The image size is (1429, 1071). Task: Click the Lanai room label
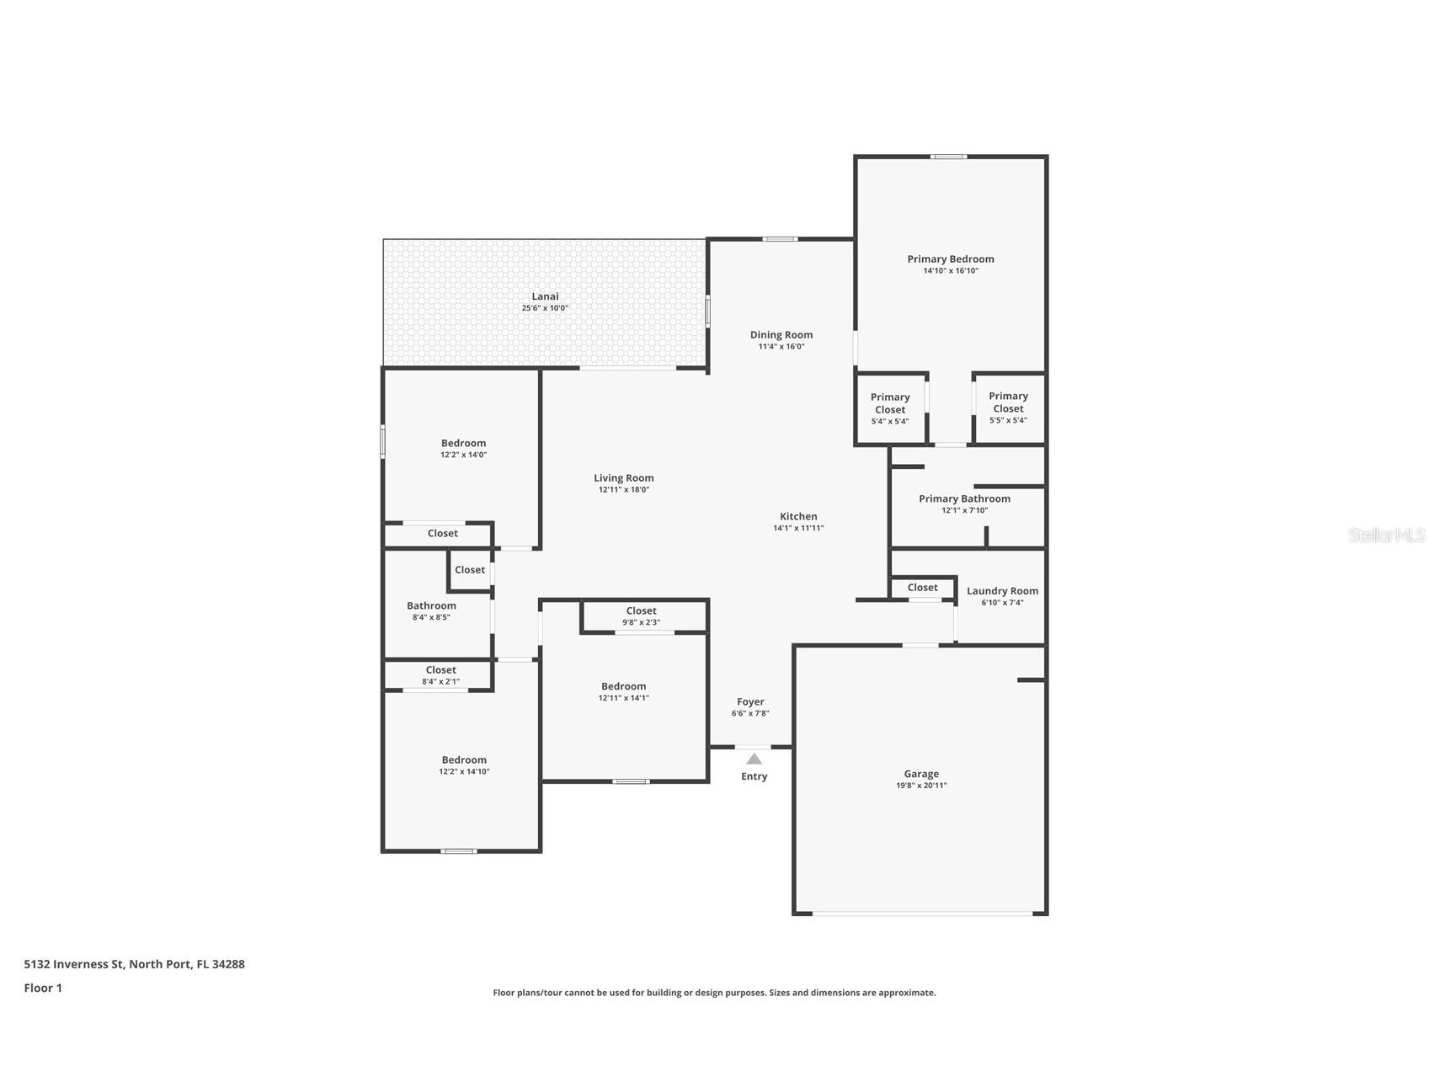[545, 296]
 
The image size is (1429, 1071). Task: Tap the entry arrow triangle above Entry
[754, 759]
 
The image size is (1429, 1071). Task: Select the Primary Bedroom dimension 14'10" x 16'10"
[951, 271]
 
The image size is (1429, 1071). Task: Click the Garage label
[921, 774]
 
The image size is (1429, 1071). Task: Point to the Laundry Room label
[1002, 591]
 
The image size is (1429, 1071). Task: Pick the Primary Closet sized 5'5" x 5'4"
[1008, 408]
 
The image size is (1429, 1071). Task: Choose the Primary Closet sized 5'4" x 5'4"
[890, 408]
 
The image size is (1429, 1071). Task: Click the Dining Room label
[781, 335]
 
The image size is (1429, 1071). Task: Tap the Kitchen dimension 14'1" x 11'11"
[798, 529]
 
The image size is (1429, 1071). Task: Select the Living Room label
[624, 478]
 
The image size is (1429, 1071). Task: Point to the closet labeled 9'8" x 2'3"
[641, 616]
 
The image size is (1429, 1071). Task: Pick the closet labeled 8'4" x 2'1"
[440, 675]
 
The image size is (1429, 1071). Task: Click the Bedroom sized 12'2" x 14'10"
[464, 765]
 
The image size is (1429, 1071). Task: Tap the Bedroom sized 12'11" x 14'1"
[624, 691]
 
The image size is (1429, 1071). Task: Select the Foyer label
[750, 702]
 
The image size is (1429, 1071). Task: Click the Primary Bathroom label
[964, 499]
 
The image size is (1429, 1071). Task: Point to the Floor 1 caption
[43, 988]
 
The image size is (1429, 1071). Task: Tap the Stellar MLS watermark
[1386, 535]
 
